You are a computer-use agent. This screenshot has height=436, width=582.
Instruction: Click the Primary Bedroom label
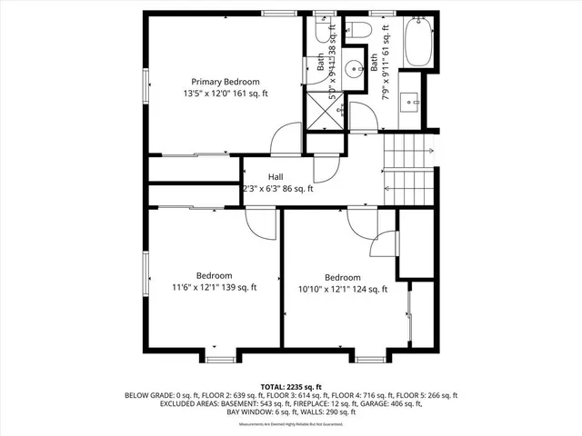[x=225, y=81]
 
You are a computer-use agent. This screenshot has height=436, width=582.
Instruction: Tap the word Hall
[x=277, y=176]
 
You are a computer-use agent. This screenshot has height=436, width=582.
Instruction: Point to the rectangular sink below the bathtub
[x=409, y=102]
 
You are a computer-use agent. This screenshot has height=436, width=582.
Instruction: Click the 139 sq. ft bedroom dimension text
[x=215, y=287]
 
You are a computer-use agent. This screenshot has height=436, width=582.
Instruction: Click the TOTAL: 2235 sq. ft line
[x=291, y=386]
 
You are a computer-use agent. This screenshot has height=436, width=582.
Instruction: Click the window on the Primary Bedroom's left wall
[x=145, y=90]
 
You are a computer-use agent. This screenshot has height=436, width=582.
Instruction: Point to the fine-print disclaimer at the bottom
[x=291, y=424]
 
